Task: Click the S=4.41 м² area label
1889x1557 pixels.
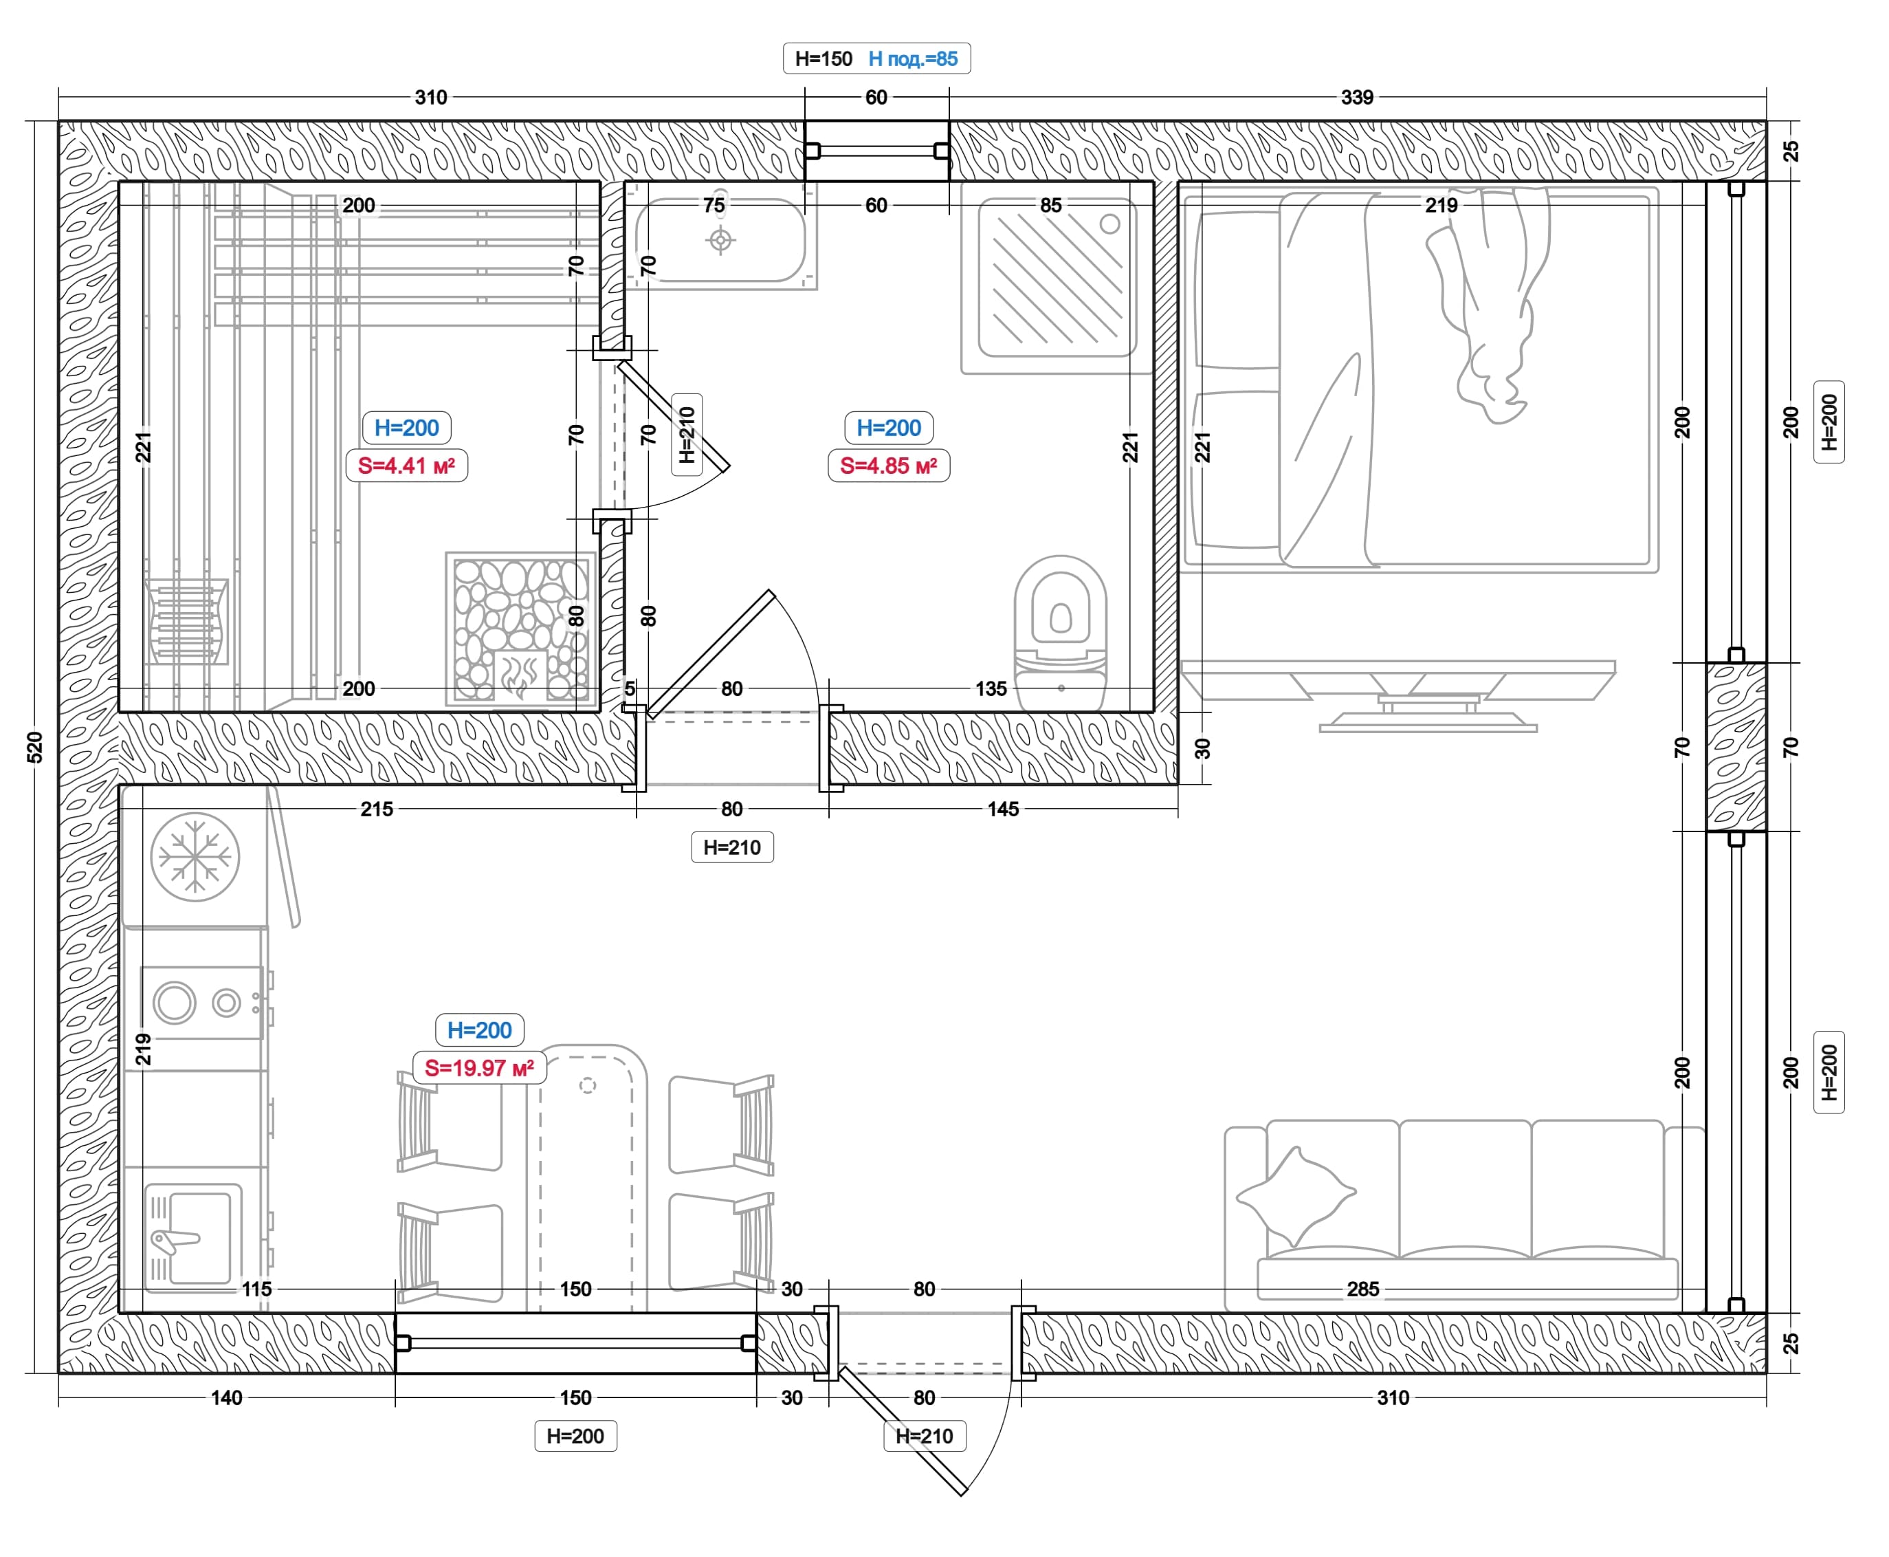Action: pos(406,466)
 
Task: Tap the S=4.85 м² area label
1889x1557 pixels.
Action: pos(888,466)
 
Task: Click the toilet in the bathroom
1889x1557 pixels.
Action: pos(1061,632)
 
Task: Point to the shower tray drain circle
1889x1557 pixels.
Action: pos(1110,224)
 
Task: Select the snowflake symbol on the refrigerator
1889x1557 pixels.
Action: pos(195,856)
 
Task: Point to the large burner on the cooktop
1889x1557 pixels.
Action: pos(175,1002)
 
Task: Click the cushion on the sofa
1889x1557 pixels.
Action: pos(1296,1194)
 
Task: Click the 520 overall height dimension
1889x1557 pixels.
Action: pos(35,747)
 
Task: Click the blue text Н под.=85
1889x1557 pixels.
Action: pos(913,59)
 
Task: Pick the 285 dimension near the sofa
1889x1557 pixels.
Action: pos(1362,1289)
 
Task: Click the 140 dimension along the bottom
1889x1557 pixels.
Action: pos(227,1397)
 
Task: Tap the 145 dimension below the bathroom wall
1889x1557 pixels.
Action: pos(1003,809)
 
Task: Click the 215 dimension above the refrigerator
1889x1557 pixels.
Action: pos(377,809)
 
